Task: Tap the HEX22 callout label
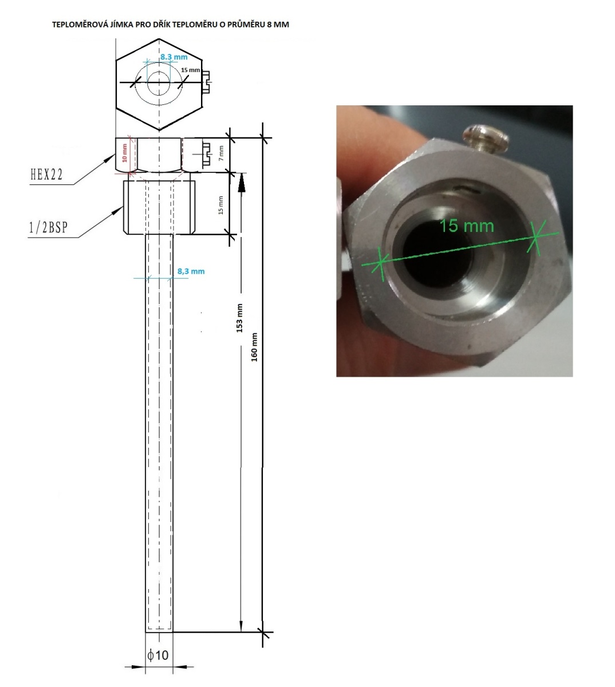[x=47, y=175]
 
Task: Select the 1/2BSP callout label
[x=49, y=227]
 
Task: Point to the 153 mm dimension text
[x=239, y=318]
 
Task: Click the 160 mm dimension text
[x=254, y=347]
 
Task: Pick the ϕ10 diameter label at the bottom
[x=157, y=654]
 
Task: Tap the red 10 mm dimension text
[x=124, y=153]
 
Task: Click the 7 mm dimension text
[x=221, y=153]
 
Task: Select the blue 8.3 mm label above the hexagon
[x=174, y=57]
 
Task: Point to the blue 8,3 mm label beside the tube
[x=191, y=271]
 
